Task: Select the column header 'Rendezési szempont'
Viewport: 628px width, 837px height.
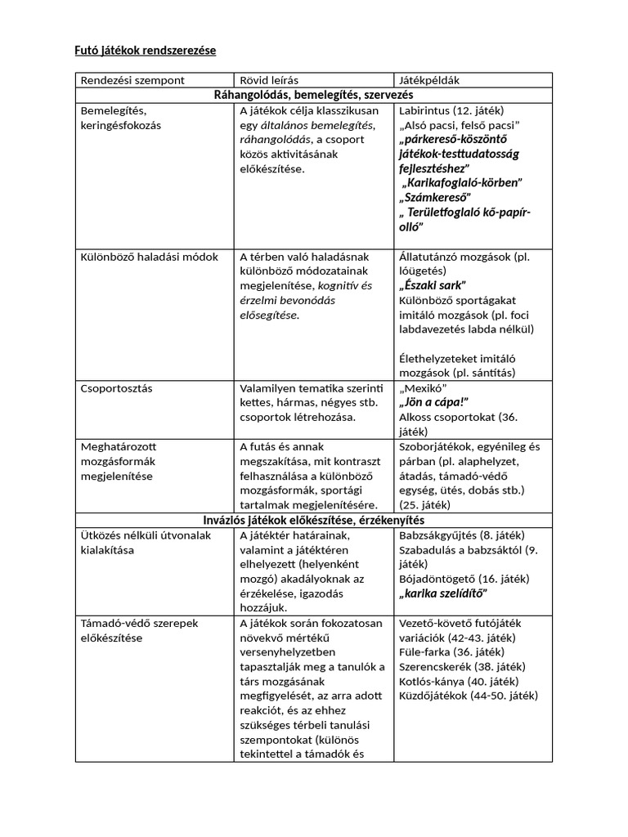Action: [x=132, y=80]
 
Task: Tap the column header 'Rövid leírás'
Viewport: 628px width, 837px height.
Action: [x=269, y=80]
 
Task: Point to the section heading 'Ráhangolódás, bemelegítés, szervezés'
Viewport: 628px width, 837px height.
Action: [x=313, y=95]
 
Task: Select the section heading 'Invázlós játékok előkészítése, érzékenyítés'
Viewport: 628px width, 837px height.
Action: [x=313, y=520]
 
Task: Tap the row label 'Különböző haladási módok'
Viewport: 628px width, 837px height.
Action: [x=150, y=257]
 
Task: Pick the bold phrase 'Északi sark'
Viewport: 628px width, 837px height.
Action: [x=433, y=285]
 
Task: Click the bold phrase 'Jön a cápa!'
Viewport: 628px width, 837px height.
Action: [x=433, y=402]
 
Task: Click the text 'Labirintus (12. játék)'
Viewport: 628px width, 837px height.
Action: [x=451, y=110]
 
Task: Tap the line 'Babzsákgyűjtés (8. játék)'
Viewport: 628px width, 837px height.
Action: [x=462, y=535]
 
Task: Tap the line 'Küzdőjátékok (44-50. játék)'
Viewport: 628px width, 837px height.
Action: [x=468, y=696]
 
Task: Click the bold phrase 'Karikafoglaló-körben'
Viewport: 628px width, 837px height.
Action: [x=461, y=182]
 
